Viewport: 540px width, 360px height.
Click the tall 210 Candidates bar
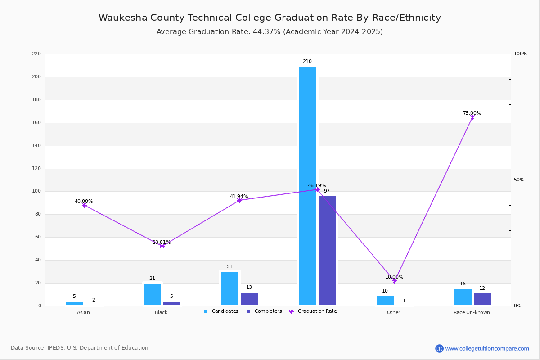click(x=308, y=186)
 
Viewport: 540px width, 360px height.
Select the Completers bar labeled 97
click(x=327, y=251)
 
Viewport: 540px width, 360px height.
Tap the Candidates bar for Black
click(x=153, y=294)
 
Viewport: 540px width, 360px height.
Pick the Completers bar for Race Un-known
click(x=482, y=299)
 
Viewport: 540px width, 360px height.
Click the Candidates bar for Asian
click(x=75, y=303)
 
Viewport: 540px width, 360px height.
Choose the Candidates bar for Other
click(x=385, y=301)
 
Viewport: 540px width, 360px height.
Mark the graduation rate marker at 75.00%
click(x=472, y=117)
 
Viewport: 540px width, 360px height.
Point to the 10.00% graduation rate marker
click(x=395, y=281)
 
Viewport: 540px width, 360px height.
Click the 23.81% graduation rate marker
click(x=162, y=246)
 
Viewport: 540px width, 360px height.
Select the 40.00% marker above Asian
click(x=84, y=206)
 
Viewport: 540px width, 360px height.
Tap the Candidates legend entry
click(x=221, y=311)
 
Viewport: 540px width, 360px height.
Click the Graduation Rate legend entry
click(x=313, y=311)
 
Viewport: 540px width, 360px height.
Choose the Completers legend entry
click(x=264, y=311)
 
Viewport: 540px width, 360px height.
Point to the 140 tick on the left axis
click(x=36, y=146)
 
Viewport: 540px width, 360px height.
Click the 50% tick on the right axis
click(x=519, y=180)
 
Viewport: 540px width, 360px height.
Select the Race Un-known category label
click(x=472, y=312)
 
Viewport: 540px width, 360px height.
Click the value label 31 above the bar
click(x=229, y=267)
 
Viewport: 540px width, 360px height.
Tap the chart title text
click(x=270, y=18)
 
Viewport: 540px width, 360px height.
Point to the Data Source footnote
click(x=80, y=348)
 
